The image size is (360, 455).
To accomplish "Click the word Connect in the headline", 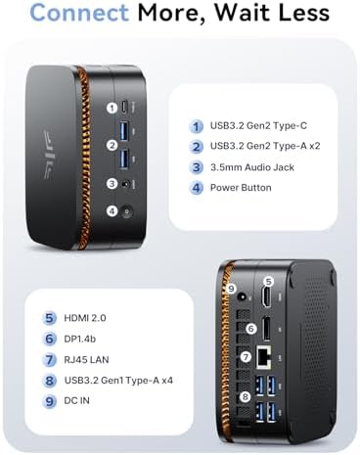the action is (79, 13).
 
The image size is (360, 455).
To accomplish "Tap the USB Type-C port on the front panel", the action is (123, 107).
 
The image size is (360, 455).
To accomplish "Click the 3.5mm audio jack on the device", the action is (124, 184).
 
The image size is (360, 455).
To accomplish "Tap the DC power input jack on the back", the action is (242, 297).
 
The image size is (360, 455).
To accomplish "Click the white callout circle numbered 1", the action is (112, 108).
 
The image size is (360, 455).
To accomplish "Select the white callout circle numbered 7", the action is (246, 356).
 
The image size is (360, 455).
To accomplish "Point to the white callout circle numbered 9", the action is (231, 289).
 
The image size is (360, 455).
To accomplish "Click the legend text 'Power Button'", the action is (241, 188).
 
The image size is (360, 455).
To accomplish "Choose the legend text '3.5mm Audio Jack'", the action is (252, 167).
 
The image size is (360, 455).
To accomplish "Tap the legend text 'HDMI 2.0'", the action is (85, 318).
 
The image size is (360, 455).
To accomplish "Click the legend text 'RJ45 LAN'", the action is (86, 360).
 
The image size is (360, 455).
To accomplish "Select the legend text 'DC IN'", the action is (76, 400).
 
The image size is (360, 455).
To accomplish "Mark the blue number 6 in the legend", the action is (49, 339).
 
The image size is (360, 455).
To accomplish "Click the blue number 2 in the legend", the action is (196, 147).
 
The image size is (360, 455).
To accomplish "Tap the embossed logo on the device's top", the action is (49, 155).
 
